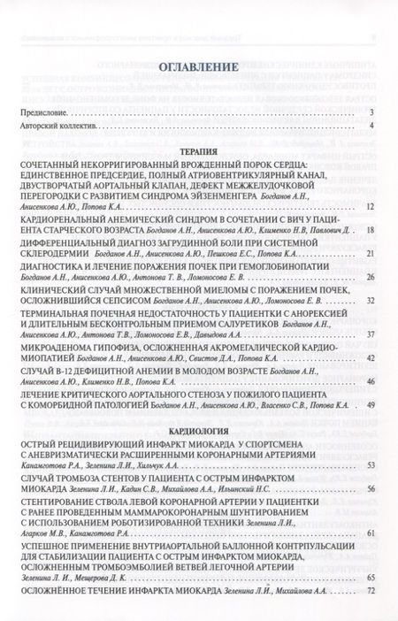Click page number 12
click(371, 206)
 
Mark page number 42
click(371, 357)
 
